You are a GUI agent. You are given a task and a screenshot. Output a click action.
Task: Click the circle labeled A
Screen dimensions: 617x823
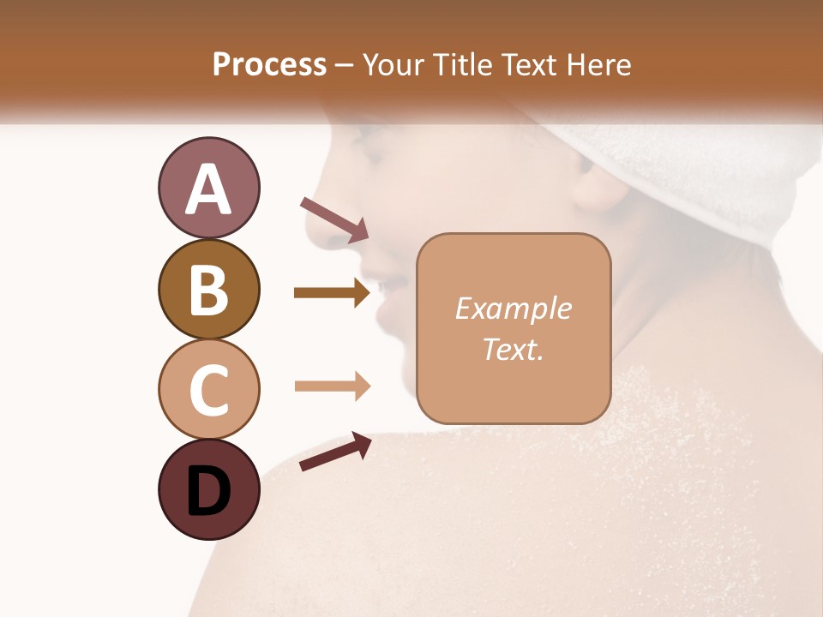(x=208, y=188)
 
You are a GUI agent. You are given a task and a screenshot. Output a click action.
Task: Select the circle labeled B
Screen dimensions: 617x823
(x=208, y=289)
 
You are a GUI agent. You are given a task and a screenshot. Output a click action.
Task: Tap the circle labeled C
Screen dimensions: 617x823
(x=208, y=389)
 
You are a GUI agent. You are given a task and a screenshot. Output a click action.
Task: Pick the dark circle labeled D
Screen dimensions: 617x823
(x=208, y=490)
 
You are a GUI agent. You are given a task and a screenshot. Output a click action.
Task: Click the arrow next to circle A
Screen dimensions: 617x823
(x=334, y=219)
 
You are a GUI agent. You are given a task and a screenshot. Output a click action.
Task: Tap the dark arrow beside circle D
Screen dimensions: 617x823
(x=335, y=452)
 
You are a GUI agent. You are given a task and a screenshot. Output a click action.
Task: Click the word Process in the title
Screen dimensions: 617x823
(x=269, y=64)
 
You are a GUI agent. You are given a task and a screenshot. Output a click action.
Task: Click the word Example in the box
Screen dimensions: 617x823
(x=513, y=308)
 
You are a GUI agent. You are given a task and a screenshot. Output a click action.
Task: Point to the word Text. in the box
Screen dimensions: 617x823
(x=513, y=349)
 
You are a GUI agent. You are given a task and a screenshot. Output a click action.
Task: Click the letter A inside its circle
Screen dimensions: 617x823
(x=208, y=189)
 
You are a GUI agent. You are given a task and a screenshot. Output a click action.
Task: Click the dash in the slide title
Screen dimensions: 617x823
(x=344, y=66)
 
